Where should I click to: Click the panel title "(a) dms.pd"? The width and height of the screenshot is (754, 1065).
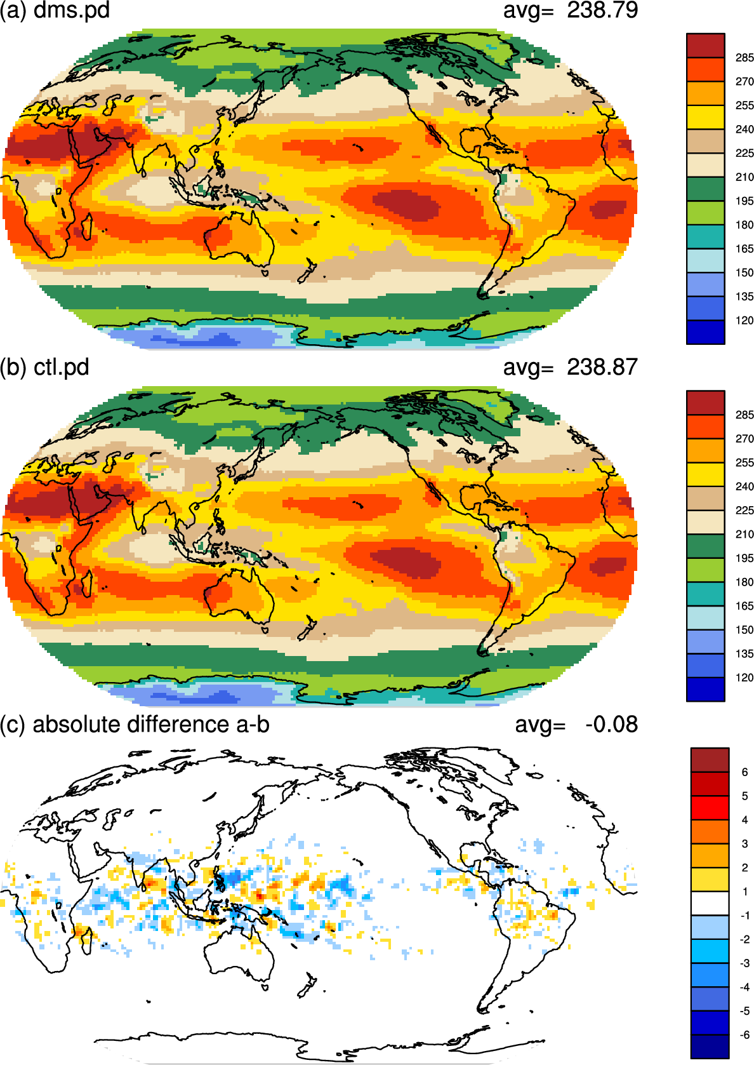click(55, 10)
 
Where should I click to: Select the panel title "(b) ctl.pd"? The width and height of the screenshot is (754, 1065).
click(44, 368)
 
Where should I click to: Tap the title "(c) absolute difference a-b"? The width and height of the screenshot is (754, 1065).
click(135, 725)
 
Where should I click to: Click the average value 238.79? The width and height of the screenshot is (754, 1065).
click(602, 10)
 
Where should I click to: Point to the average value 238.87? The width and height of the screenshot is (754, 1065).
click(602, 367)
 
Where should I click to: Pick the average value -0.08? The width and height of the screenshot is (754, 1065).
click(611, 725)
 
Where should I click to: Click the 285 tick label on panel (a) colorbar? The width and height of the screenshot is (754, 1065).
click(744, 58)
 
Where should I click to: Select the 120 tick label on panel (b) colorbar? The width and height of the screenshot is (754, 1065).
click(744, 678)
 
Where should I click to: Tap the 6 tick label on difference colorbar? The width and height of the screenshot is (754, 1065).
click(744, 772)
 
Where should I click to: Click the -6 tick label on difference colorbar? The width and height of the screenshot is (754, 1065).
click(744, 1035)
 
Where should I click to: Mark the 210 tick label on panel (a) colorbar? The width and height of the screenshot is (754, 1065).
click(744, 177)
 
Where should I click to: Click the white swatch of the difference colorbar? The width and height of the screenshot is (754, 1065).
click(710, 903)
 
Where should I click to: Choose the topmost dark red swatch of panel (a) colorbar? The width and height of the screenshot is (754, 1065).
click(706, 46)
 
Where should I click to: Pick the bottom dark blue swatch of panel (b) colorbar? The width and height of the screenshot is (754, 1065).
click(706, 689)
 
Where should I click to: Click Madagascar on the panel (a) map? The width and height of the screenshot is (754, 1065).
click(87, 227)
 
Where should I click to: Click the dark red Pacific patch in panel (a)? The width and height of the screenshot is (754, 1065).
click(406, 205)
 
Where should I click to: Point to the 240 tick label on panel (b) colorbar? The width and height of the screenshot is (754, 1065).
click(744, 486)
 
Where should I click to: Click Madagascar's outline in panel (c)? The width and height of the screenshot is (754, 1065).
click(87, 941)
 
